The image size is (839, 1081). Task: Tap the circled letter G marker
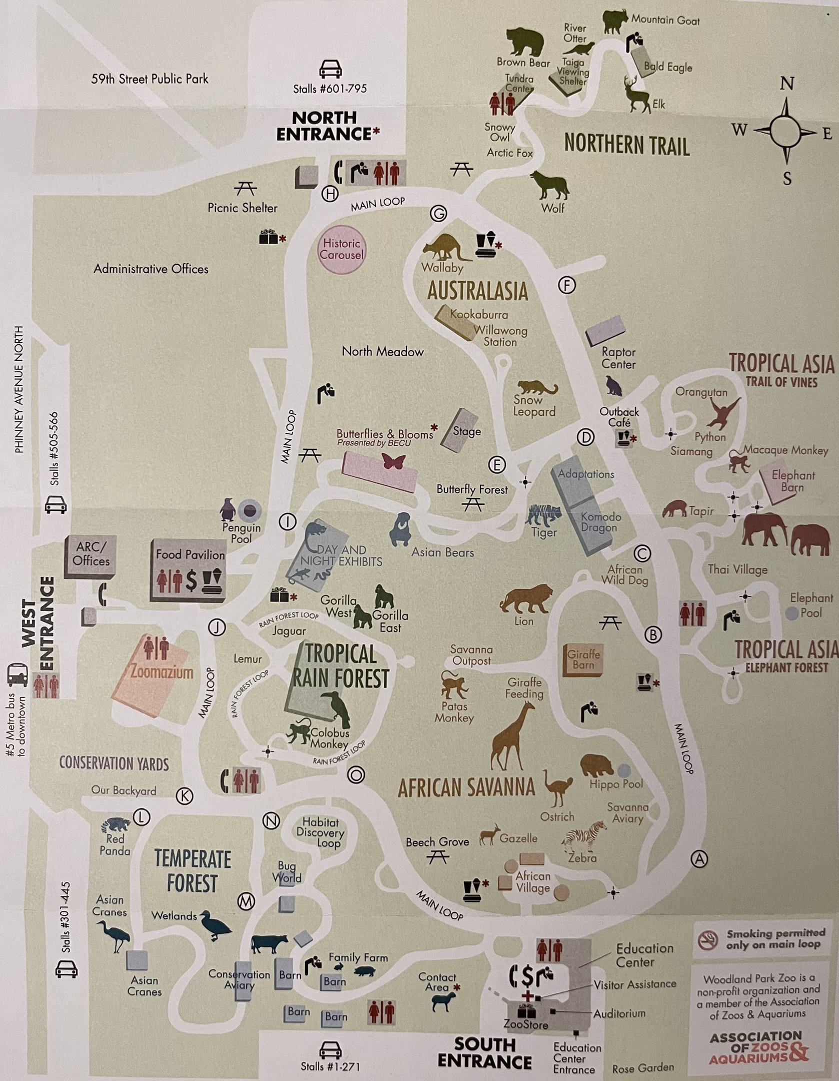click(x=438, y=214)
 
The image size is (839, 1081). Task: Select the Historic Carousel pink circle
click(x=341, y=249)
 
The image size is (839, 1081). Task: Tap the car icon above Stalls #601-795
click(x=330, y=69)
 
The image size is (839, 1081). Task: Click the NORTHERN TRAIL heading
click(x=626, y=144)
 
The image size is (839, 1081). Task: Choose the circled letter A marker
click(x=699, y=859)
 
